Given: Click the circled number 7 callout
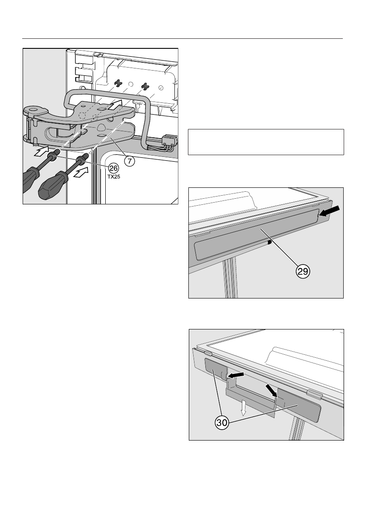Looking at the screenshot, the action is (x=130, y=161).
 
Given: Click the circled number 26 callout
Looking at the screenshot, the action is (x=113, y=168).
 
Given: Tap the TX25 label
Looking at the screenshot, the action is (x=114, y=177).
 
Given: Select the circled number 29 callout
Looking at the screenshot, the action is (x=302, y=271).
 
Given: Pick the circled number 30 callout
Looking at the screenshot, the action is (x=222, y=422).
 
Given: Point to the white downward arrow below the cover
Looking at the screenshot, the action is (x=244, y=407).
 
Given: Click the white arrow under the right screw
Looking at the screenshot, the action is (x=81, y=173).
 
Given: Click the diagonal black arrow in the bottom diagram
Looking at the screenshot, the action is (x=272, y=390).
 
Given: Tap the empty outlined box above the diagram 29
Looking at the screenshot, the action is (x=266, y=142).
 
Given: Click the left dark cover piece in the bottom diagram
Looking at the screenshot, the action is (x=216, y=370).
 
